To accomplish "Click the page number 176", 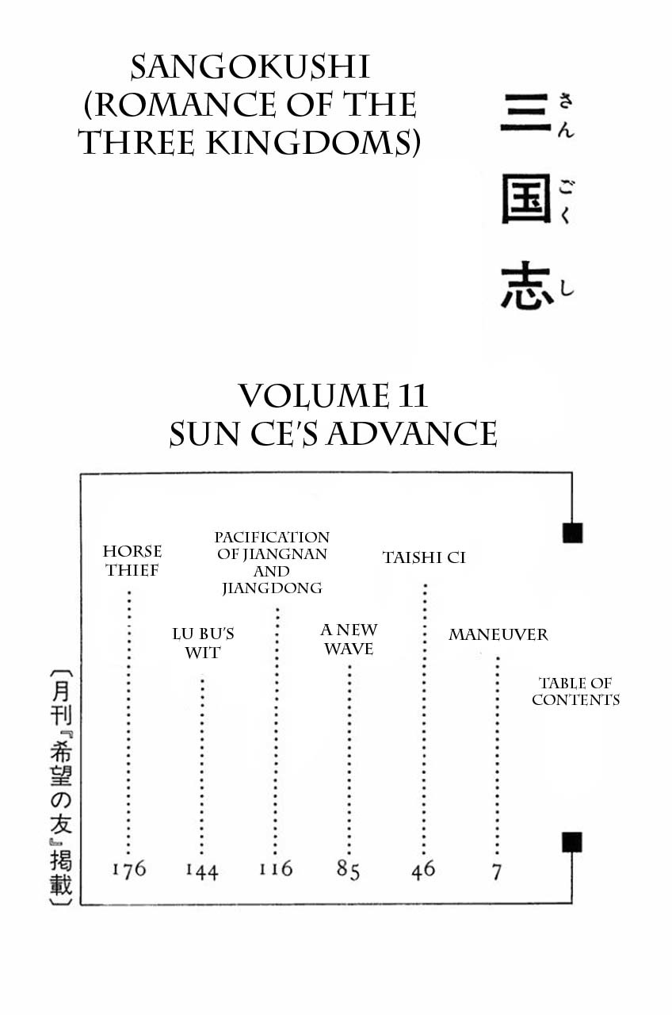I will (128, 869).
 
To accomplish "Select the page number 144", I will (201, 871).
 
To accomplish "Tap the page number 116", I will (275, 869).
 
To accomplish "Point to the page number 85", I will (348, 870).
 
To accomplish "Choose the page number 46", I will (423, 869).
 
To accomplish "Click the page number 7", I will (497, 871).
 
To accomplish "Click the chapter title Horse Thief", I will (132, 561).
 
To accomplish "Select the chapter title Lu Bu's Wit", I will (203, 643).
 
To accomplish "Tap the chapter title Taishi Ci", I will (424, 557).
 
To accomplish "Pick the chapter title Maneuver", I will (498, 634).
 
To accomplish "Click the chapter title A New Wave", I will (349, 639).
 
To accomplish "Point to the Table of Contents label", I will (575, 691).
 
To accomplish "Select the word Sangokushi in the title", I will (250, 68).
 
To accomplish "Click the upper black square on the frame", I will (572, 533).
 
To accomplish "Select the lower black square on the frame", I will (572, 842).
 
